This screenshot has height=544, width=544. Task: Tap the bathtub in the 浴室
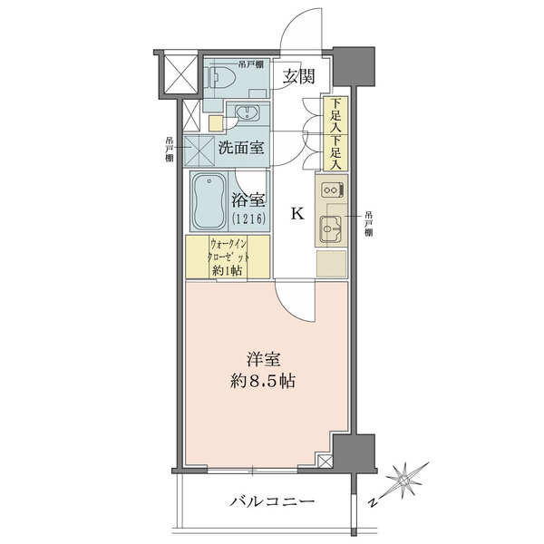(x=209, y=201)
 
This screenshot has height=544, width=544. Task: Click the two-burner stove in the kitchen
(x=332, y=189)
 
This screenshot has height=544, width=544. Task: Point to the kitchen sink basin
(x=330, y=228)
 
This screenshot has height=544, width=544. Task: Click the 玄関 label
(x=298, y=76)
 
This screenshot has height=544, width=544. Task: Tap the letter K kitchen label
(x=297, y=214)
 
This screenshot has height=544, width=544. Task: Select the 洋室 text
(x=264, y=360)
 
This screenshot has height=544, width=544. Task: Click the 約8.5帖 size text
(x=263, y=382)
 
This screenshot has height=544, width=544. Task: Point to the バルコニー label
(x=272, y=501)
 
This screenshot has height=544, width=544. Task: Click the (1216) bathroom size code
(x=249, y=219)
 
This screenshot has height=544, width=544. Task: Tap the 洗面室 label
(x=241, y=148)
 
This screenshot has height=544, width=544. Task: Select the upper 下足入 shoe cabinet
(x=335, y=115)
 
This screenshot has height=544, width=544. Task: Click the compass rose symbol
(x=404, y=481)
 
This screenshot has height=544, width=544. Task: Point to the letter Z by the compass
(x=373, y=502)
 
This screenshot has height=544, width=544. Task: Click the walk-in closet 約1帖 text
(x=228, y=270)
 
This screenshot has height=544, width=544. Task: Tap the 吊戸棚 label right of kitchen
(x=368, y=224)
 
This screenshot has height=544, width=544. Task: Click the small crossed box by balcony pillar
(x=325, y=461)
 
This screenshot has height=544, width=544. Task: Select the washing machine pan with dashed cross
(x=199, y=151)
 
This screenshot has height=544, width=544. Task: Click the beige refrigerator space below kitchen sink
(x=331, y=264)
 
